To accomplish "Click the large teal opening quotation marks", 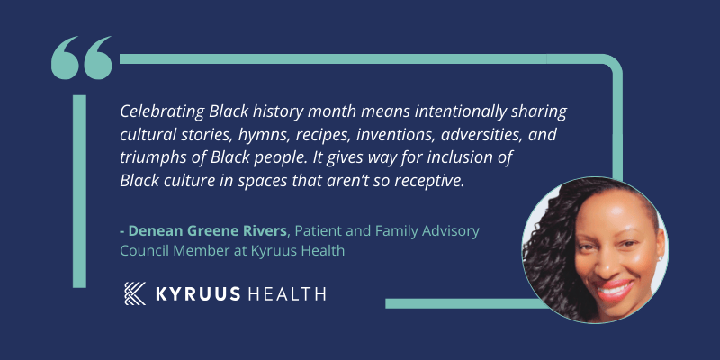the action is click(x=81, y=58).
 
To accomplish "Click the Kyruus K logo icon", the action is click(x=135, y=293).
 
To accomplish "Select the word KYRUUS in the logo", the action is click(x=198, y=294).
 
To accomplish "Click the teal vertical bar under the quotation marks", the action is click(x=79, y=192).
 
